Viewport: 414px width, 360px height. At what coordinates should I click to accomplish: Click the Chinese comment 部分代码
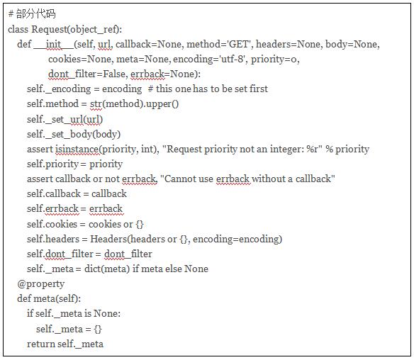point(36,13)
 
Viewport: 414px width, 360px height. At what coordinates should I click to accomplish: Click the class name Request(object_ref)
point(76,29)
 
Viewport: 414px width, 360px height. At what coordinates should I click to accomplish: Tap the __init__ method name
point(54,44)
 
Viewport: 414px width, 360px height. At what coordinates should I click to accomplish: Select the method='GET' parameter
point(220,44)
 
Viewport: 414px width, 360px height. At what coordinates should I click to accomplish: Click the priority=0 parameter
point(275,59)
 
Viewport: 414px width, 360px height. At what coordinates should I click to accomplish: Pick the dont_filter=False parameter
point(87,74)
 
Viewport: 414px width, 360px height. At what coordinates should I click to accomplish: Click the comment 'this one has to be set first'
point(208,89)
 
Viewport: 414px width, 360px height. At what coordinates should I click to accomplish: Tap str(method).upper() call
point(135,104)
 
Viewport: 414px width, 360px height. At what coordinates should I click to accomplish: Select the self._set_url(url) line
point(65,119)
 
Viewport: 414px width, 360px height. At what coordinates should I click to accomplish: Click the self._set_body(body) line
point(74,135)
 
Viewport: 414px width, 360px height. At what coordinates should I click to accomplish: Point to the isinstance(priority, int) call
point(106,149)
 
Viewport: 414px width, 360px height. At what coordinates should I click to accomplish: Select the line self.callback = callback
point(77,194)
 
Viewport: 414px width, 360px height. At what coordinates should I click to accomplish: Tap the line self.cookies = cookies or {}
point(85,225)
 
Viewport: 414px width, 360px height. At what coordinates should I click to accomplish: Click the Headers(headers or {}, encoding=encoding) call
point(186,239)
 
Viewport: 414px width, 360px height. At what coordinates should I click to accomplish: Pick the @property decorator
point(40,284)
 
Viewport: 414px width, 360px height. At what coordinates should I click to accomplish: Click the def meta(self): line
point(49,299)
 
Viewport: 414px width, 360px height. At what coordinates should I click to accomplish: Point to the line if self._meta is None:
point(74,314)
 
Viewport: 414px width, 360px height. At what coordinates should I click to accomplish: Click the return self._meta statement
point(65,344)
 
